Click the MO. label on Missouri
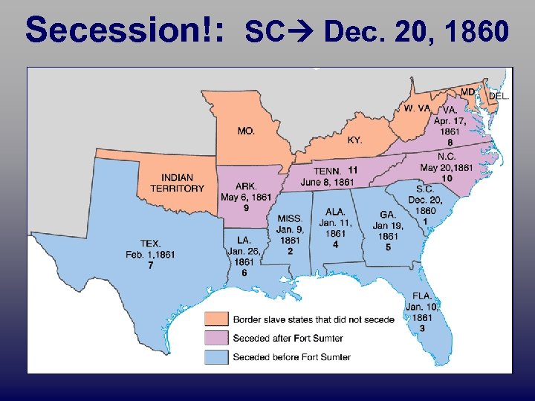[x=246, y=131]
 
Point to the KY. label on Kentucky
[x=355, y=140]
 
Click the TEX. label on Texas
[x=150, y=244]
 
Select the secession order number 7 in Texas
[x=151, y=265]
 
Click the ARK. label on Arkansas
[x=246, y=186]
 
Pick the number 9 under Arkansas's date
[x=246, y=208]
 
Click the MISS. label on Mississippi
[x=289, y=218]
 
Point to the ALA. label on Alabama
[x=335, y=212]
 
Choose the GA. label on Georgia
[x=388, y=215]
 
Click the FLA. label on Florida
[x=422, y=296]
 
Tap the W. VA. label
[x=417, y=108]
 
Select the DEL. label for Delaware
[x=499, y=96]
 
